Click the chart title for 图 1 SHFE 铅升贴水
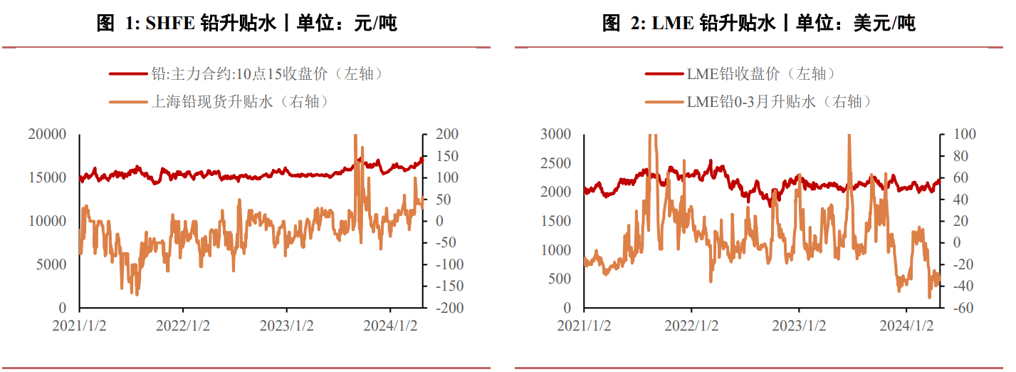point(246,24)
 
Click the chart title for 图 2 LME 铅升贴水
point(758,24)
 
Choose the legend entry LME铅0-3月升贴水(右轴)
point(779,102)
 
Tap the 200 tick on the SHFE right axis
point(442,135)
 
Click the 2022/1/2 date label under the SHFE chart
point(184,326)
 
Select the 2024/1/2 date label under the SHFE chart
point(390,326)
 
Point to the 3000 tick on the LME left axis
point(557,135)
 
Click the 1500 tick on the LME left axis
point(557,222)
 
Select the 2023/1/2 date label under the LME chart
point(799,326)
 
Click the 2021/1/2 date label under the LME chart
point(584,326)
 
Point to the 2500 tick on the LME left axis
point(557,164)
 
